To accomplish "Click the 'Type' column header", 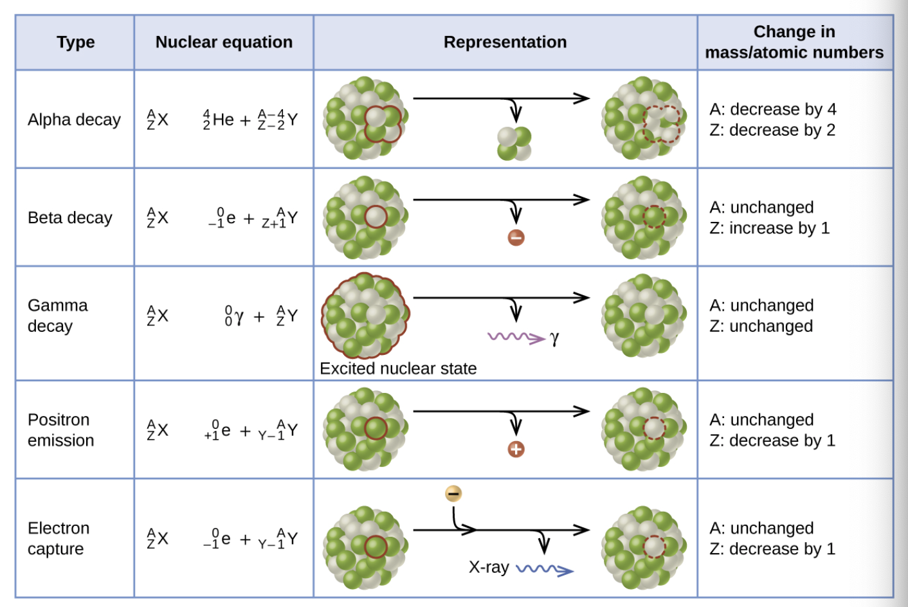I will pos(75,42).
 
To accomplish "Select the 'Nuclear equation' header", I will pos(224,42).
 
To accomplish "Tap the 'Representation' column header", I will pos(505,42).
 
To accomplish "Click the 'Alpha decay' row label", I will pos(74,120).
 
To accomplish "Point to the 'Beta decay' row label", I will pos(69,218).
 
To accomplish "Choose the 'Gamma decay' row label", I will pos(57,316).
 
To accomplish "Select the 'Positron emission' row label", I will pos(60,430).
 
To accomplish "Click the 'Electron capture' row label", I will pos(58,538).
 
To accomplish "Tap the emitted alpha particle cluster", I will pos(514,143).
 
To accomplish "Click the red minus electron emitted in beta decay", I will pos(516,238).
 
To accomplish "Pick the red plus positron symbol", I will pos(516,449).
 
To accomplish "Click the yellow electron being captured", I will pos(453,494).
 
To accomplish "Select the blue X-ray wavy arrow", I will pos(544,569).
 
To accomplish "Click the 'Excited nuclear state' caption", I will pos(398,368).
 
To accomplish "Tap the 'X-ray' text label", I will pos(488,567).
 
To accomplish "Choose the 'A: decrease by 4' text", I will pos(772,109).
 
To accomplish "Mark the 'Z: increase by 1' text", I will pos(769,228).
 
